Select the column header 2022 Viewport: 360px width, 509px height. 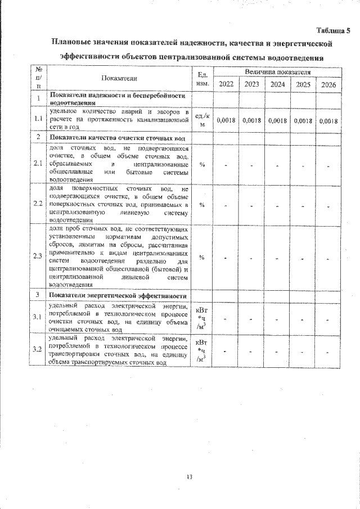click(227, 84)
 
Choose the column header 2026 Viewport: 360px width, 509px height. click(328, 84)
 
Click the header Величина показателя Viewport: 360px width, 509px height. click(277, 72)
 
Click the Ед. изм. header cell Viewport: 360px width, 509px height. click(202, 78)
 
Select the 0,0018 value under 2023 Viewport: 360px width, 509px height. click(251, 120)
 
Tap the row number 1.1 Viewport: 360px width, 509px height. click(37, 119)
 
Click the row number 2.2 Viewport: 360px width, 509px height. click(37, 203)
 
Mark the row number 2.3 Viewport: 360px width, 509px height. click(37, 256)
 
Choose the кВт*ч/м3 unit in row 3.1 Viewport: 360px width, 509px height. click(202, 317)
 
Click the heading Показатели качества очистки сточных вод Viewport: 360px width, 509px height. click(118, 137)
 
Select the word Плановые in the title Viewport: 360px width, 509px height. click(73, 43)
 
